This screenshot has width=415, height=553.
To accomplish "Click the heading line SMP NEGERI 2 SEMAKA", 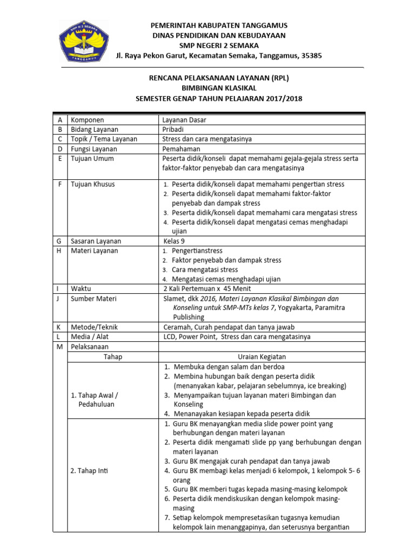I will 219,45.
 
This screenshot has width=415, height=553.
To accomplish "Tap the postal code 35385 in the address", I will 311,55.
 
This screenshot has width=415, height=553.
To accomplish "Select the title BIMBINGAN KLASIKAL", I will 219,88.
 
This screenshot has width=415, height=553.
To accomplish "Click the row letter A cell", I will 59,120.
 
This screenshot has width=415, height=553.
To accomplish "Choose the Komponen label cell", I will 88,120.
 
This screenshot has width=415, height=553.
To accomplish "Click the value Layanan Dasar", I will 184,120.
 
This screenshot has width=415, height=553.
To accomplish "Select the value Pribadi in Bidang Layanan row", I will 173,130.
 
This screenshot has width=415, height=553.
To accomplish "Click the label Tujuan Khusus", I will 92,184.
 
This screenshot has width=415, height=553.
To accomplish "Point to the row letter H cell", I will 59,251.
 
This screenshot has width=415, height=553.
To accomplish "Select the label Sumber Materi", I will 93,298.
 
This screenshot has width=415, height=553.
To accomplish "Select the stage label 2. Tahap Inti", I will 90,471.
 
